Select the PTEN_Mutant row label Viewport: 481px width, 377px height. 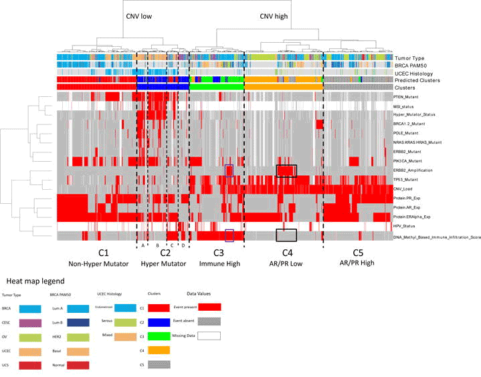[409, 98]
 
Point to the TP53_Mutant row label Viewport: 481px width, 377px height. [408, 180]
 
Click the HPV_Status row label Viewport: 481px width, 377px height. [407, 227]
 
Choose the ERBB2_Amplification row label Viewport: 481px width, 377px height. [415, 171]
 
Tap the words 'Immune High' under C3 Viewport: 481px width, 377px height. [218, 264]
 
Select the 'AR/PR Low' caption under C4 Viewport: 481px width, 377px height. [286, 264]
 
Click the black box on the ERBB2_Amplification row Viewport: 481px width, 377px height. [286, 171]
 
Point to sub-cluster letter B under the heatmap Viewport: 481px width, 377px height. [156, 245]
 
